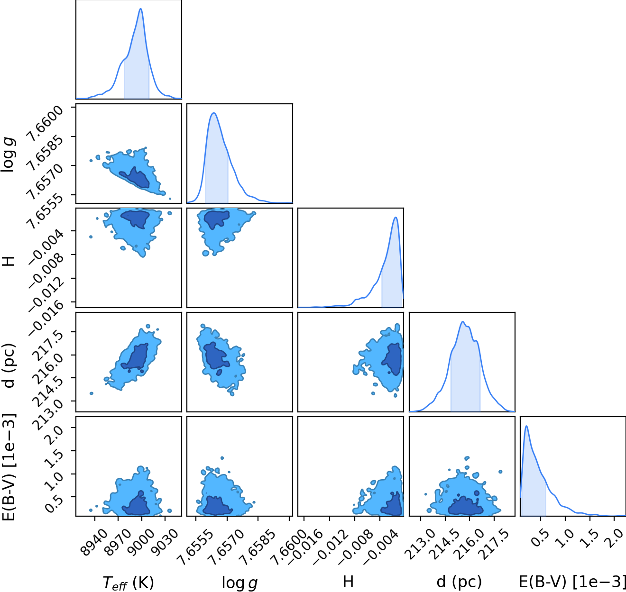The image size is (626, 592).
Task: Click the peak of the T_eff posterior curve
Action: coord(141,9)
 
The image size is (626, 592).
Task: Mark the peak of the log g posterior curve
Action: coord(214,113)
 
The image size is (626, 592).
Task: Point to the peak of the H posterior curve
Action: coord(396,218)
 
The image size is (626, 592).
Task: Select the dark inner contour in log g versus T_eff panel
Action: coord(136,178)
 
